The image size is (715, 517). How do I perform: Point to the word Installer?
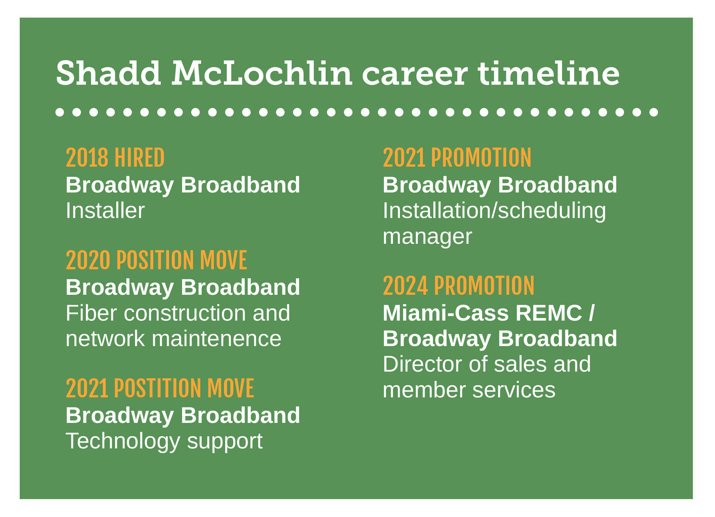(105, 210)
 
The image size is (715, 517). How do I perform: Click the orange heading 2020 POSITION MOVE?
(156, 260)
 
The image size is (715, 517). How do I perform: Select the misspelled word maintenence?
(217, 339)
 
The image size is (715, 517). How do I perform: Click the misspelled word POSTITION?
(158, 388)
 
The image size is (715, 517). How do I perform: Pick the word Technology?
(123, 441)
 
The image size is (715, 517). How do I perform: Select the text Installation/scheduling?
(494, 211)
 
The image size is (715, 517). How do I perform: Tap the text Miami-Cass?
(446, 313)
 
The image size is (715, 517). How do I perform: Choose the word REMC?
(549, 313)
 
